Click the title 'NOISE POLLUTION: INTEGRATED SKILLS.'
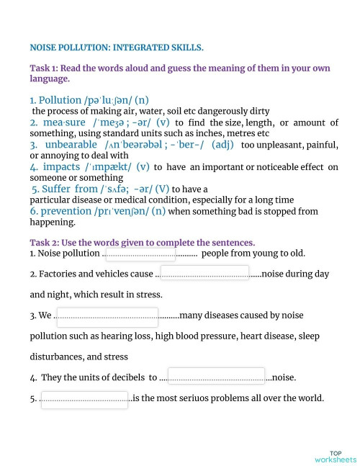pyautogui.click(x=117, y=48)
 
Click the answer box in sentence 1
pyautogui.click(x=139, y=254)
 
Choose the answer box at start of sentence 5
pyautogui.click(x=84, y=399)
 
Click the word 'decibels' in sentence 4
pyautogui.click(x=125, y=377)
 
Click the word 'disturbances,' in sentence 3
pyautogui.click(x=58, y=357)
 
